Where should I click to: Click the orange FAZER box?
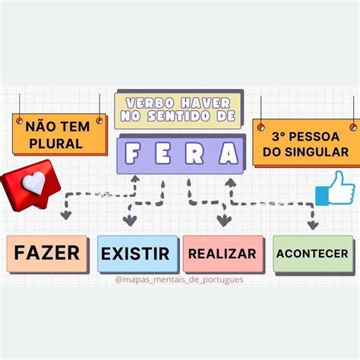(x=47, y=254)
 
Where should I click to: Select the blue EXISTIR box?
(x=137, y=254)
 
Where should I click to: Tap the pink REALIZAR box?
(x=223, y=254)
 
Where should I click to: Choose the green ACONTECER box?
(x=313, y=254)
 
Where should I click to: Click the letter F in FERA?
(x=132, y=153)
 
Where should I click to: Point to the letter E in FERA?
(x=163, y=153)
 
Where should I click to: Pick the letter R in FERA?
(x=194, y=153)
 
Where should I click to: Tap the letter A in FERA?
(x=229, y=153)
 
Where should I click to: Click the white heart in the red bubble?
(x=34, y=182)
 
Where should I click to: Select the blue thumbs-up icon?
(x=336, y=188)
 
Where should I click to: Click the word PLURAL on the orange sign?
(x=56, y=144)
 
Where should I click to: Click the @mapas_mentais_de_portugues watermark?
(x=179, y=279)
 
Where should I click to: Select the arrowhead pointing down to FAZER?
(x=66, y=216)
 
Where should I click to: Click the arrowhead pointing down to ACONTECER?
(x=313, y=226)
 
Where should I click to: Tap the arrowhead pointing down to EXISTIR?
(x=130, y=220)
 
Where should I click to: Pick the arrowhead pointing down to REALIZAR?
(x=224, y=221)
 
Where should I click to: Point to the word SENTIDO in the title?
(x=178, y=116)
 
